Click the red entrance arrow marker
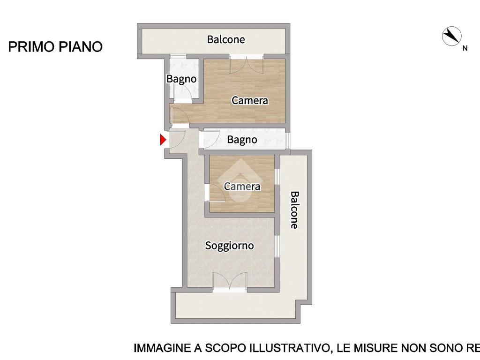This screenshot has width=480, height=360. pos(163,140)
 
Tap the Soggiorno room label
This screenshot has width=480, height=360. pos(229,246)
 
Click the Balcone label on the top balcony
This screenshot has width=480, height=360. pos(226,39)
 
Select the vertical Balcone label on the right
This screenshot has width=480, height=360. pos(294,210)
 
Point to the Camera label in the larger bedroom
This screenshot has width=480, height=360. pos(249,100)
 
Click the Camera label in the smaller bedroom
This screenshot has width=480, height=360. pos(242,187)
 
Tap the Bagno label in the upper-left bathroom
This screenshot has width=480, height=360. pos(181,79)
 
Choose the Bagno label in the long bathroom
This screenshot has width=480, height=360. pos(242,140)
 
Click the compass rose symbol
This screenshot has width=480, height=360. pos(451,36)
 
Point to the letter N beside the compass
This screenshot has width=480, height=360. pos(465,48)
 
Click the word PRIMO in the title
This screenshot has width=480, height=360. pos(31,47)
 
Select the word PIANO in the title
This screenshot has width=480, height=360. pos(81,47)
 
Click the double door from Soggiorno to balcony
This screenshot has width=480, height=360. pos(230,281)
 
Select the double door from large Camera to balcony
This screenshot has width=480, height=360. pos(247,65)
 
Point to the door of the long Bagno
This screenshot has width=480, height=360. pos(210,138)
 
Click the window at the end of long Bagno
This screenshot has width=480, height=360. pos(288,140)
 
